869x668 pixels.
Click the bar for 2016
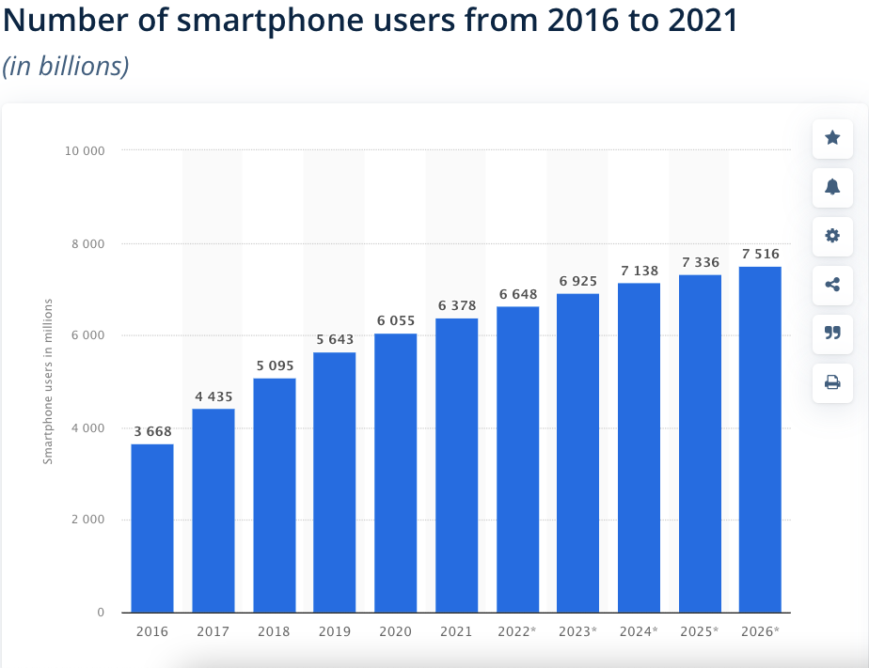tap(151, 528)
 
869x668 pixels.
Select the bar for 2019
tap(334, 482)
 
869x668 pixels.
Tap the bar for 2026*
tap(760, 439)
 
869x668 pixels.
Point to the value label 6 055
tap(396, 320)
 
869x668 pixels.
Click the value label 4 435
tap(213, 396)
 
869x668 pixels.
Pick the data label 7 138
tap(640, 271)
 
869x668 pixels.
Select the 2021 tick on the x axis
tap(456, 631)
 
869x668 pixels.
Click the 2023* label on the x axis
tap(577, 631)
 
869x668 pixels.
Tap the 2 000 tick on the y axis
tap(87, 520)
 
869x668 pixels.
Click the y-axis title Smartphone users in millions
tap(48, 381)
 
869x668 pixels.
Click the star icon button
tap(832, 138)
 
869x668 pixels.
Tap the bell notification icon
tap(832, 187)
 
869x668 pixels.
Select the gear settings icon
tap(832, 236)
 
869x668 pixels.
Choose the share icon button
tap(832, 285)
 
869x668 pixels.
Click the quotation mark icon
tap(832, 333)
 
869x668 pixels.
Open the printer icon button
tap(832, 381)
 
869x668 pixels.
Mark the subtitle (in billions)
tap(66, 66)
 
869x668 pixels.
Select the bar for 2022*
tap(517, 459)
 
